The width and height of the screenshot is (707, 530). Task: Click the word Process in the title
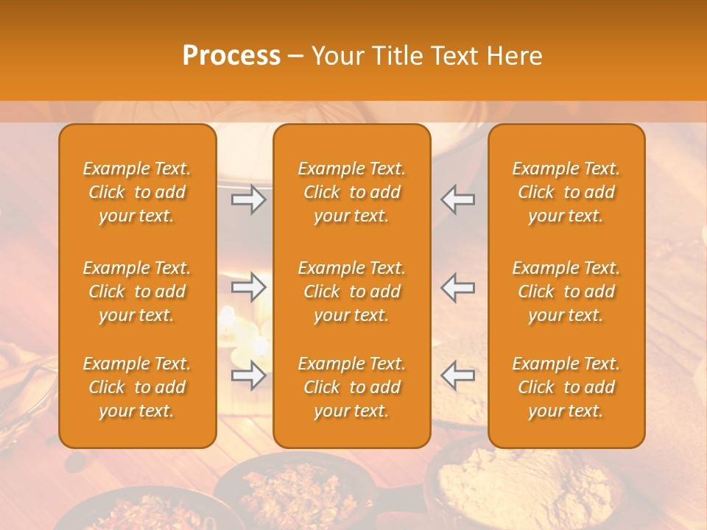(231, 56)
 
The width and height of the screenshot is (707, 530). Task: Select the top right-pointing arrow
(249, 199)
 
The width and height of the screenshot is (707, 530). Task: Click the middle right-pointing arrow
(249, 287)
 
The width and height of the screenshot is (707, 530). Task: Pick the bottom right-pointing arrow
(249, 375)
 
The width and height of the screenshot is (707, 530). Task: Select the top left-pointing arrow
(457, 199)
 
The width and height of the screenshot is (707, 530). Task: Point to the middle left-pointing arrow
(457, 287)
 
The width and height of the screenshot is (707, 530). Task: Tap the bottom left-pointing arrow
(457, 375)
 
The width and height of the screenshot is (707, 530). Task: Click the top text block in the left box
(137, 192)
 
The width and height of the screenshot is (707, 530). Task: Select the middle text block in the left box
(137, 291)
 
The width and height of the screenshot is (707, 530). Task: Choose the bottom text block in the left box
(137, 387)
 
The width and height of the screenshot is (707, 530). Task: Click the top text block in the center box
(351, 192)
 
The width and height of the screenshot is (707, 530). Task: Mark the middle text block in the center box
(351, 291)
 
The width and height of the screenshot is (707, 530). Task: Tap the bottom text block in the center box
(351, 387)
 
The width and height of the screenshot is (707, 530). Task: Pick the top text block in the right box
(566, 192)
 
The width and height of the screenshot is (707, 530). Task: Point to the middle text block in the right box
(566, 291)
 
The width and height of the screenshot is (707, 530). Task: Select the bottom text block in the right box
(566, 387)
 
